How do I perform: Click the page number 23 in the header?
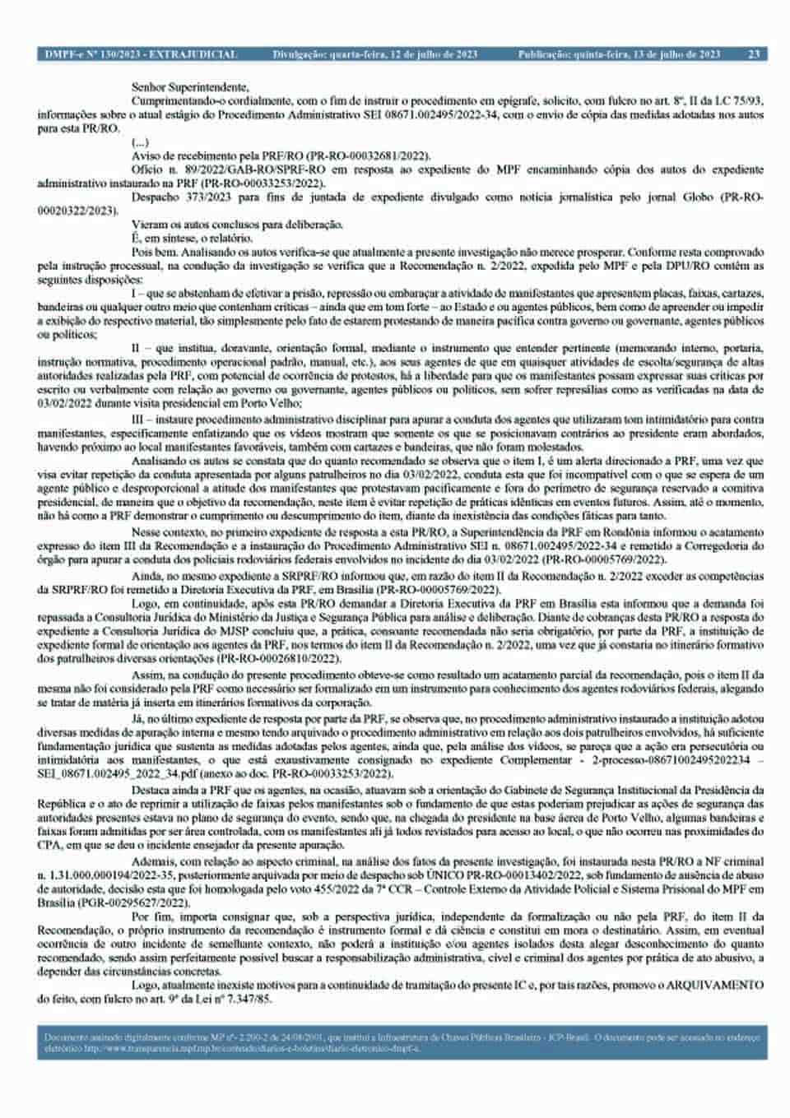coord(753,54)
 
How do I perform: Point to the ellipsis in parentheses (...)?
coord(140,142)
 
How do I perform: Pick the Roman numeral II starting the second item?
coord(136,348)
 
